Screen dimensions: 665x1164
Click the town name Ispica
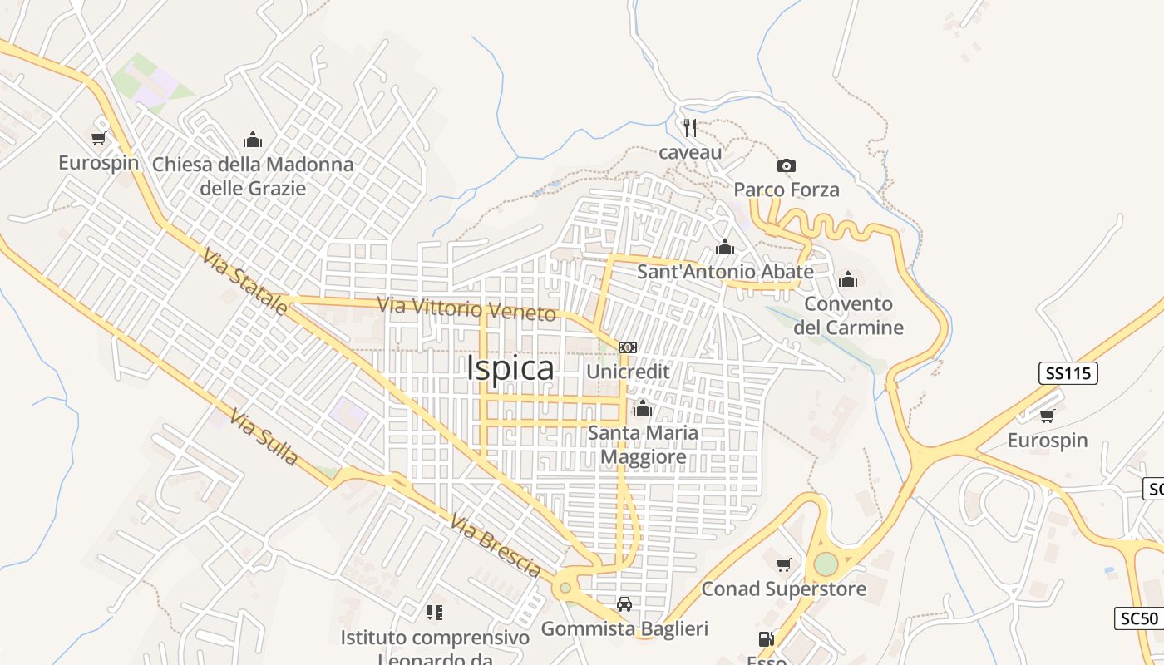(x=510, y=368)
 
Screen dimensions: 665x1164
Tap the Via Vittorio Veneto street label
(x=466, y=308)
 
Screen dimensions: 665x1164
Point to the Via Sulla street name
(x=264, y=436)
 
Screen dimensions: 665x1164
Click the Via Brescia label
(x=496, y=546)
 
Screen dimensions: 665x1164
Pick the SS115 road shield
(x=1068, y=373)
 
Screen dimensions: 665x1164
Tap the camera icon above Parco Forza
(x=786, y=166)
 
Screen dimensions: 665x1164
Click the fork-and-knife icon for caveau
(x=689, y=128)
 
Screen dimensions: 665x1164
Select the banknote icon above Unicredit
(x=628, y=347)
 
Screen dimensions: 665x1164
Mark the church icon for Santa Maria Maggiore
(x=642, y=408)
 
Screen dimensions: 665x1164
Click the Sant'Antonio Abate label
(x=725, y=272)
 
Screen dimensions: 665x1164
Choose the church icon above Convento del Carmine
(x=848, y=279)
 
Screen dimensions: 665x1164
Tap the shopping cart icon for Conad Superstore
(x=783, y=565)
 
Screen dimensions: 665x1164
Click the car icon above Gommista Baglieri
(x=624, y=604)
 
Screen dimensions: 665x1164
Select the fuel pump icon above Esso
(x=765, y=639)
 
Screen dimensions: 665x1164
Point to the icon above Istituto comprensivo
(x=434, y=613)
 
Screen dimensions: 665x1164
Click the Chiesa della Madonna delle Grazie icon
(x=253, y=140)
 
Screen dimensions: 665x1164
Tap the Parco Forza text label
(x=787, y=190)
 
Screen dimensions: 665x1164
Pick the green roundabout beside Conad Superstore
(x=826, y=564)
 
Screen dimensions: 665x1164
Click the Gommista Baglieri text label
(x=624, y=628)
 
